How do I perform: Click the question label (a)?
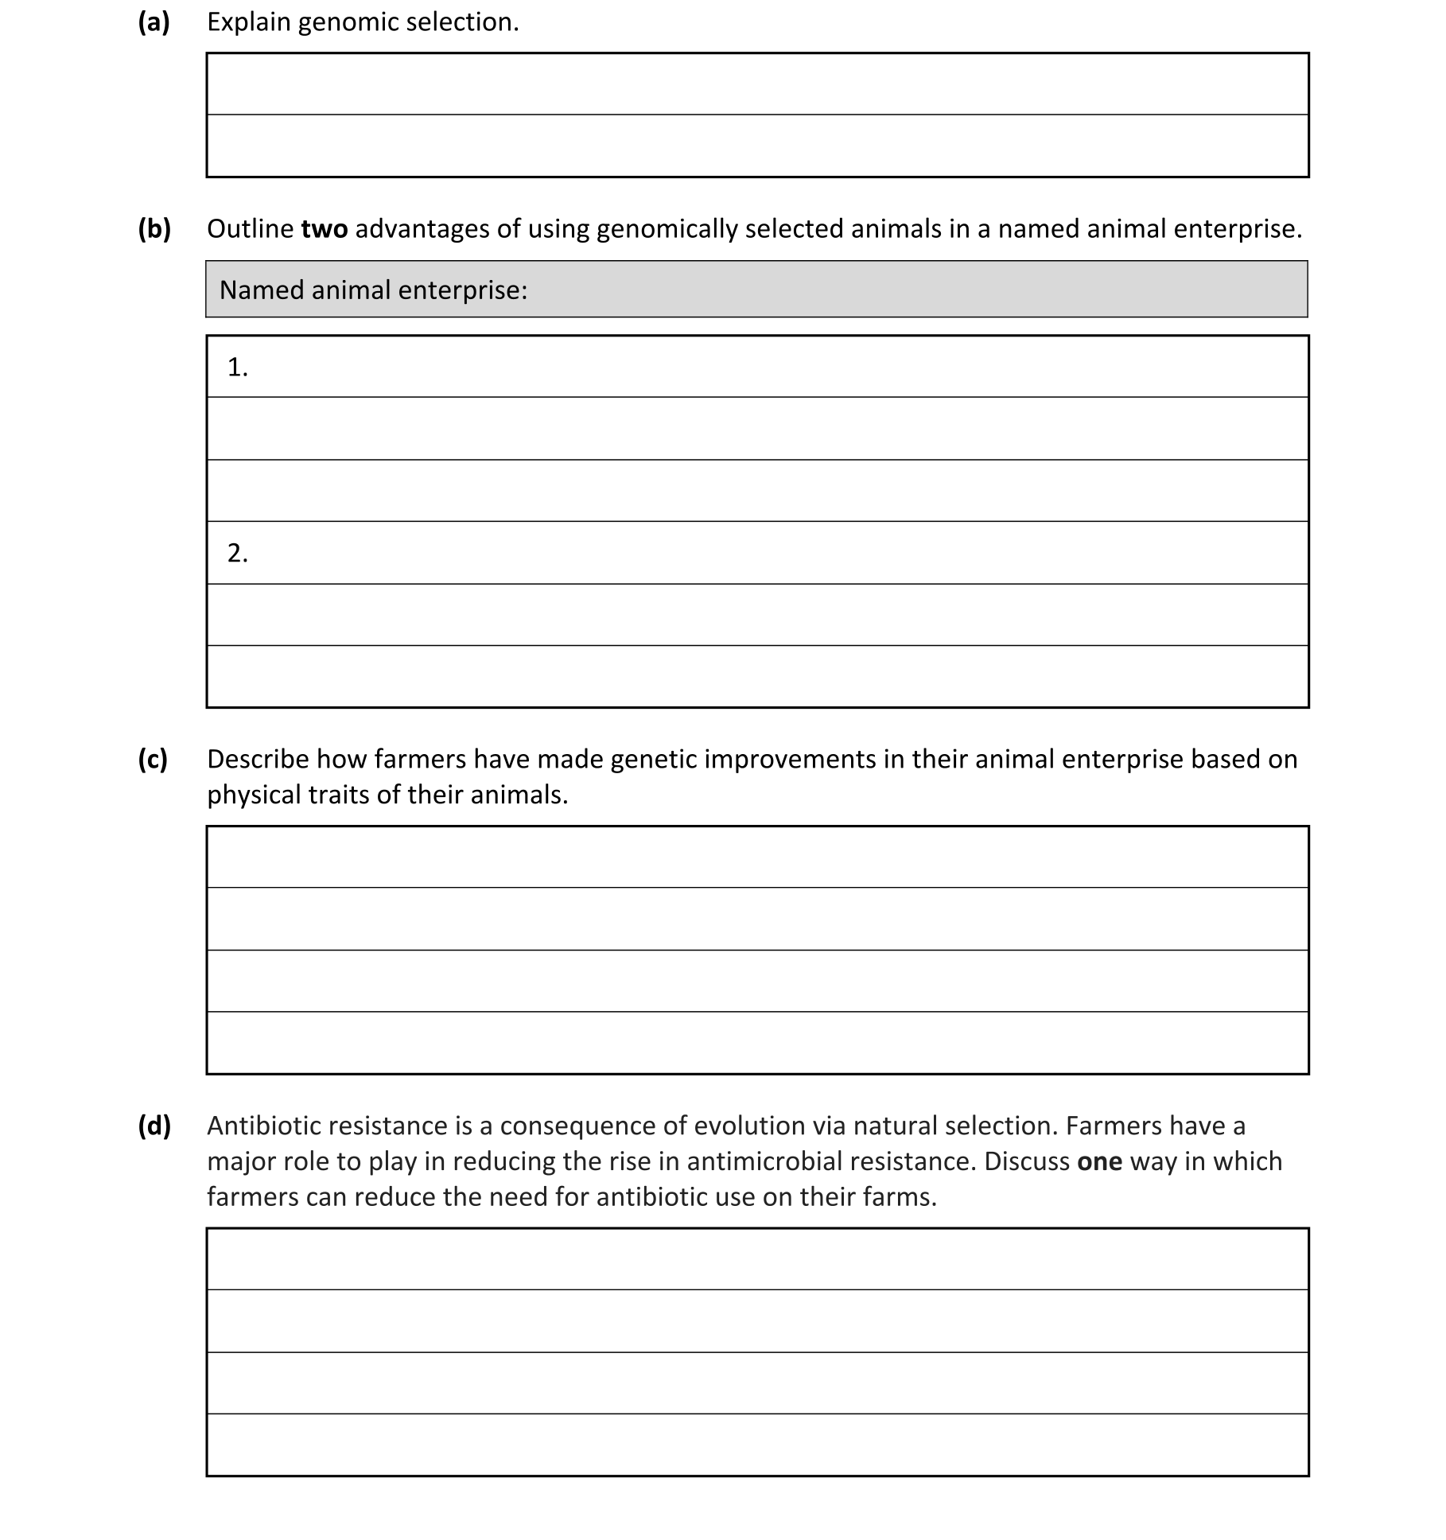154,22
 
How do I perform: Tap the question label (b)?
154,229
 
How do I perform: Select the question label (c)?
153,760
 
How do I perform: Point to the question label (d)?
154,1126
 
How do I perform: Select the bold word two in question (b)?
324,229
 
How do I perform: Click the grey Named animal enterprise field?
756,290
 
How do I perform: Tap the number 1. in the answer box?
237,367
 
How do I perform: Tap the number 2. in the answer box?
237,553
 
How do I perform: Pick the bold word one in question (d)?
1099,1162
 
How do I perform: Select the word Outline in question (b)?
250,229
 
